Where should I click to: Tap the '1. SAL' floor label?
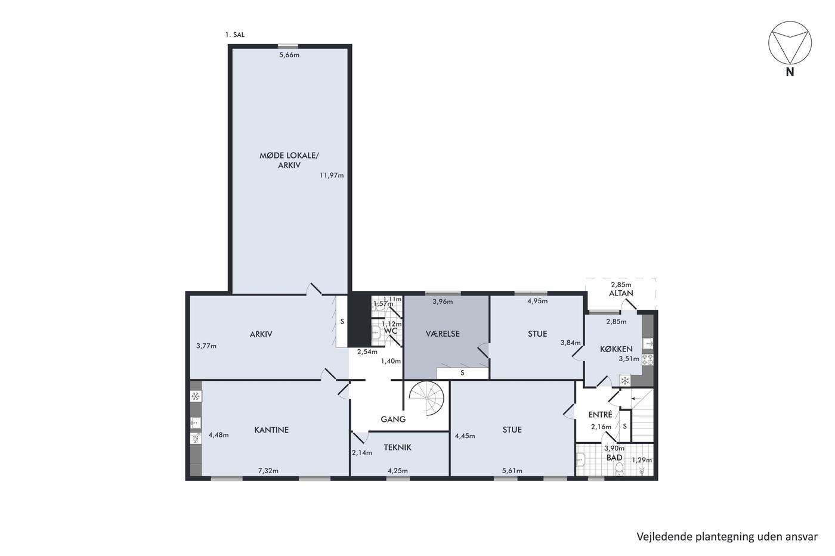[x=235, y=35]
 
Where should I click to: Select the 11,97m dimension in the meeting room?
[x=332, y=175]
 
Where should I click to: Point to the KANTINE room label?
[x=271, y=430]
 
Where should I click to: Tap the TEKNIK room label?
[x=397, y=448]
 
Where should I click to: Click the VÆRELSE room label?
[x=443, y=334]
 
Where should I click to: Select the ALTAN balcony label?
[x=621, y=293]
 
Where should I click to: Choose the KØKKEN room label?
[x=616, y=349]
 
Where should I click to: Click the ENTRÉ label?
[x=600, y=415]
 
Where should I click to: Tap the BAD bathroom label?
[x=614, y=457]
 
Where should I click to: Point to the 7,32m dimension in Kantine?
[x=268, y=471]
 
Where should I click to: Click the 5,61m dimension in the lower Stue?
[x=512, y=471]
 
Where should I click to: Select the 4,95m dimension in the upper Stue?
[x=537, y=301]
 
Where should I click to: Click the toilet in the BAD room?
[x=619, y=470]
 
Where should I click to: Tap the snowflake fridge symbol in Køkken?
[x=625, y=381]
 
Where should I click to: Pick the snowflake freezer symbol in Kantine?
[x=196, y=396]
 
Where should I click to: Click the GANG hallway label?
[x=393, y=420]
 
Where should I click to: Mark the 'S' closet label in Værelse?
[x=463, y=373]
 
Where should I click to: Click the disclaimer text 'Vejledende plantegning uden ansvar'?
[x=727, y=537]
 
